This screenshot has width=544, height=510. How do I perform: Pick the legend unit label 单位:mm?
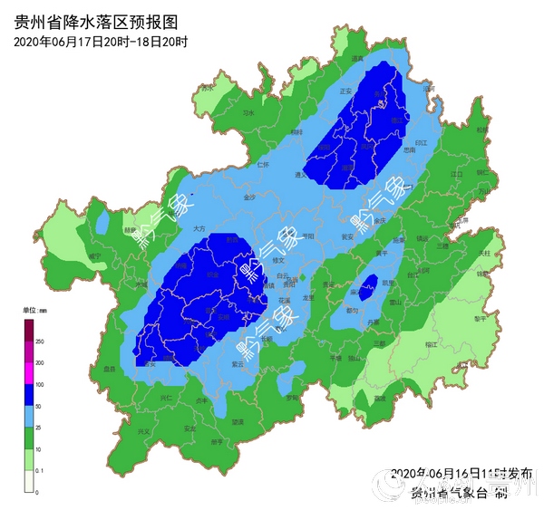click(35, 310)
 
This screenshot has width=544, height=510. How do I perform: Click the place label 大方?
click(199, 230)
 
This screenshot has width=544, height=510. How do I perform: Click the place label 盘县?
click(111, 369)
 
